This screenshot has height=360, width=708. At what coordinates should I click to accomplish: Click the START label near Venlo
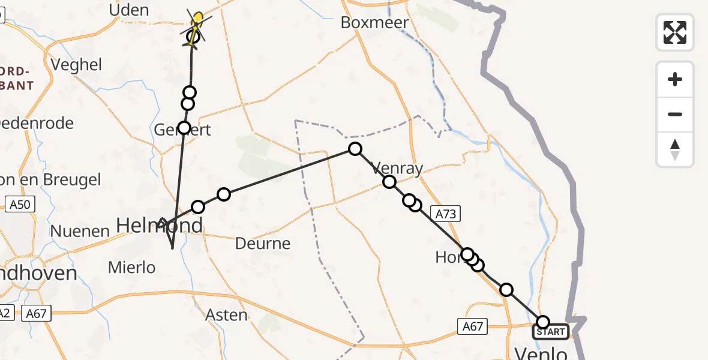(x=551, y=332)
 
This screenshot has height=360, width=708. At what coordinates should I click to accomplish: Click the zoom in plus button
(x=675, y=80)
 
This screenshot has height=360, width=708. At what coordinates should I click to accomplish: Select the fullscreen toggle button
(x=675, y=32)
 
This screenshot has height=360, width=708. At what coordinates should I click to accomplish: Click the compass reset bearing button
(x=675, y=149)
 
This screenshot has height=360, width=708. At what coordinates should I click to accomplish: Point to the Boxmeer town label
(x=374, y=23)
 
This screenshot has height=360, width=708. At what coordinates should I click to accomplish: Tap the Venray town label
(x=397, y=169)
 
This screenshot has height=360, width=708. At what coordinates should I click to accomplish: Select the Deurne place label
(x=263, y=244)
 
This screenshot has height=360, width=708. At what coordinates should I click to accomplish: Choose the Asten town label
(x=226, y=315)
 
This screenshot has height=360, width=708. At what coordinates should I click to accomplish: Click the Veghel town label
(x=77, y=65)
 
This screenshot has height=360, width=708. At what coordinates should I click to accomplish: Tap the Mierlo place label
(x=131, y=268)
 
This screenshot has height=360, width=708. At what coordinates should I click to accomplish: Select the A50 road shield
(x=20, y=205)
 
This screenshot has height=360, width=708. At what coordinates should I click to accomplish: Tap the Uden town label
(x=129, y=10)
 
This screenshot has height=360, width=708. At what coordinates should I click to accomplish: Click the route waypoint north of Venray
(x=355, y=149)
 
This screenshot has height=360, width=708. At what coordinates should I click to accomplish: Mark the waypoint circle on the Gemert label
(x=184, y=128)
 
